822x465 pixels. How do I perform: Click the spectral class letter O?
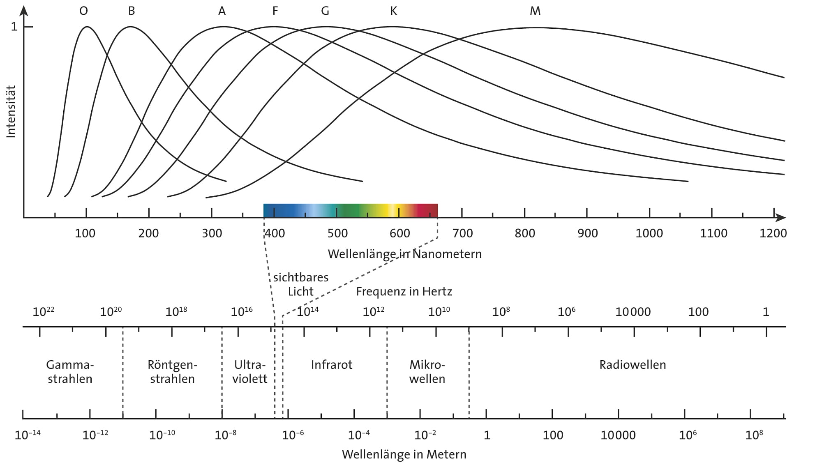83,11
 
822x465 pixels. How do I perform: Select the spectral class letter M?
535,11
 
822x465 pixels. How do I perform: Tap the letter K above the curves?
393,11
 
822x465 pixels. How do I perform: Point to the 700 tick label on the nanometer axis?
462,233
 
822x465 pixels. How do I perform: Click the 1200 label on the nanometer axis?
773,233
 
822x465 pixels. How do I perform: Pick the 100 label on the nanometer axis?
85,233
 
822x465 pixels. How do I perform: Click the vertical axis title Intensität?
11,111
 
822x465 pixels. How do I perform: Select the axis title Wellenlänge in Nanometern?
404,254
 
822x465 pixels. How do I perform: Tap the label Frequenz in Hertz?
404,292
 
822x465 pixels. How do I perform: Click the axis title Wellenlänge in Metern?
404,454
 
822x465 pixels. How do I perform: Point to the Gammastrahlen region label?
70,371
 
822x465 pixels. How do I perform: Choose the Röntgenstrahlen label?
172,371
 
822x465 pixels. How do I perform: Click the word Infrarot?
331,365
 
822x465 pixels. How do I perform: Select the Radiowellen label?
633,365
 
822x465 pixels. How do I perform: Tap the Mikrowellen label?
427,371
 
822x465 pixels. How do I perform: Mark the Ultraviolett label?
249,371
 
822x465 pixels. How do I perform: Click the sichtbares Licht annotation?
301,284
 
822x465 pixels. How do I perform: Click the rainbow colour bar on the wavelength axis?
350,210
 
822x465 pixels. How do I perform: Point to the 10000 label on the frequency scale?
633,312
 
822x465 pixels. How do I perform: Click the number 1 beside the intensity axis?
14,27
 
